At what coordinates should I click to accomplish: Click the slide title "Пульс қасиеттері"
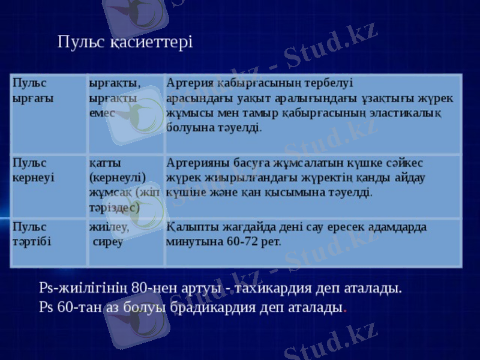click(x=125, y=43)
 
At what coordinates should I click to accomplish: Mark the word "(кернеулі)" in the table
click(x=118, y=178)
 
